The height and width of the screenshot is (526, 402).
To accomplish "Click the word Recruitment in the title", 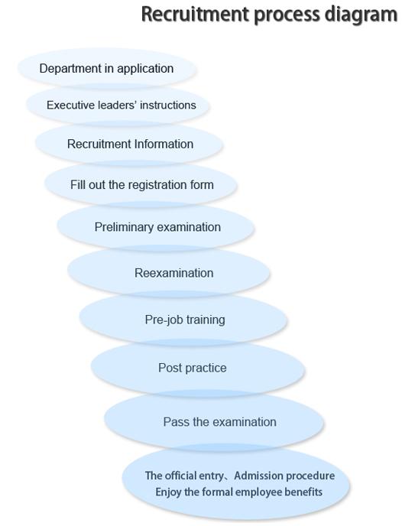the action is click(x=195, y=14).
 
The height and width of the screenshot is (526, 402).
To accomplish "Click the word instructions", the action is click(x=168, y=106).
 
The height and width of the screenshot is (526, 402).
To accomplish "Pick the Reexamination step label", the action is click(x=174, y=273).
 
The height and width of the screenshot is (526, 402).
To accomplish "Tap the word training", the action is click(x=206, y=320).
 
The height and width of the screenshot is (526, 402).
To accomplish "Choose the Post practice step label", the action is click(x=193, y=368).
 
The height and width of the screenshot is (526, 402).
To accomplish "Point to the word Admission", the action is click(x=255, y=476).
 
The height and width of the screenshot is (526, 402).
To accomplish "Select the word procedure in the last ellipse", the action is click(x=307, y=476).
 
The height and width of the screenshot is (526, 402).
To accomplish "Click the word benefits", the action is click(x=303, y=492).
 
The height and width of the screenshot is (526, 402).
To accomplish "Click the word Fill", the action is click(x=76, y=185).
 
